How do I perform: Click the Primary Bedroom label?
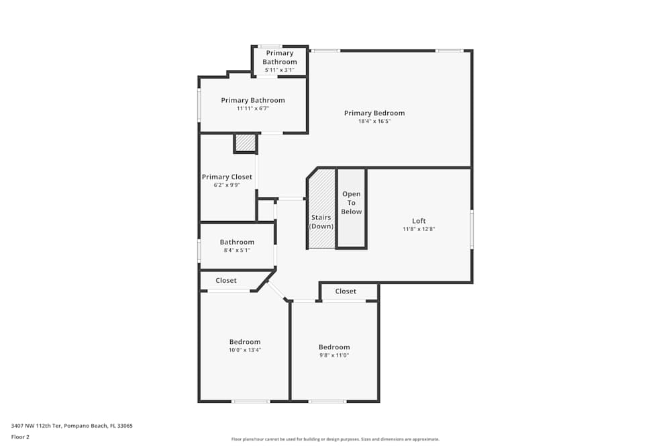coord(374,113)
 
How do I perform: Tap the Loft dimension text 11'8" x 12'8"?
coord(419,229)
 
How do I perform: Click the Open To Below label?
coord(352,203)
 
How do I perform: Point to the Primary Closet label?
coord(227,177)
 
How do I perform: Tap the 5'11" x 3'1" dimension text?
coord(279,70)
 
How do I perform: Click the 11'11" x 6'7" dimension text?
coord(253,108)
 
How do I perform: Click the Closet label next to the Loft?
coord(346,291)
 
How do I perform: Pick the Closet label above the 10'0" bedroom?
coord(226,280)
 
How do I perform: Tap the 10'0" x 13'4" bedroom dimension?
coord(245,350)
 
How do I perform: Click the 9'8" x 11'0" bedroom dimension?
coord(334,355)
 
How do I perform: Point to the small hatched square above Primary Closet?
coord(246,143)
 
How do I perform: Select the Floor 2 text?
coord(20,437)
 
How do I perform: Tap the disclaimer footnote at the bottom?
coord(335,439)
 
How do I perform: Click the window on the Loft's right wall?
coord(472,230)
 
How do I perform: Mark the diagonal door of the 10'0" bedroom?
coord(278,291)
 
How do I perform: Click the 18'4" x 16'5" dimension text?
coord(374,121)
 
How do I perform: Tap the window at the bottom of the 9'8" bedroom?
coord(327,402)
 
